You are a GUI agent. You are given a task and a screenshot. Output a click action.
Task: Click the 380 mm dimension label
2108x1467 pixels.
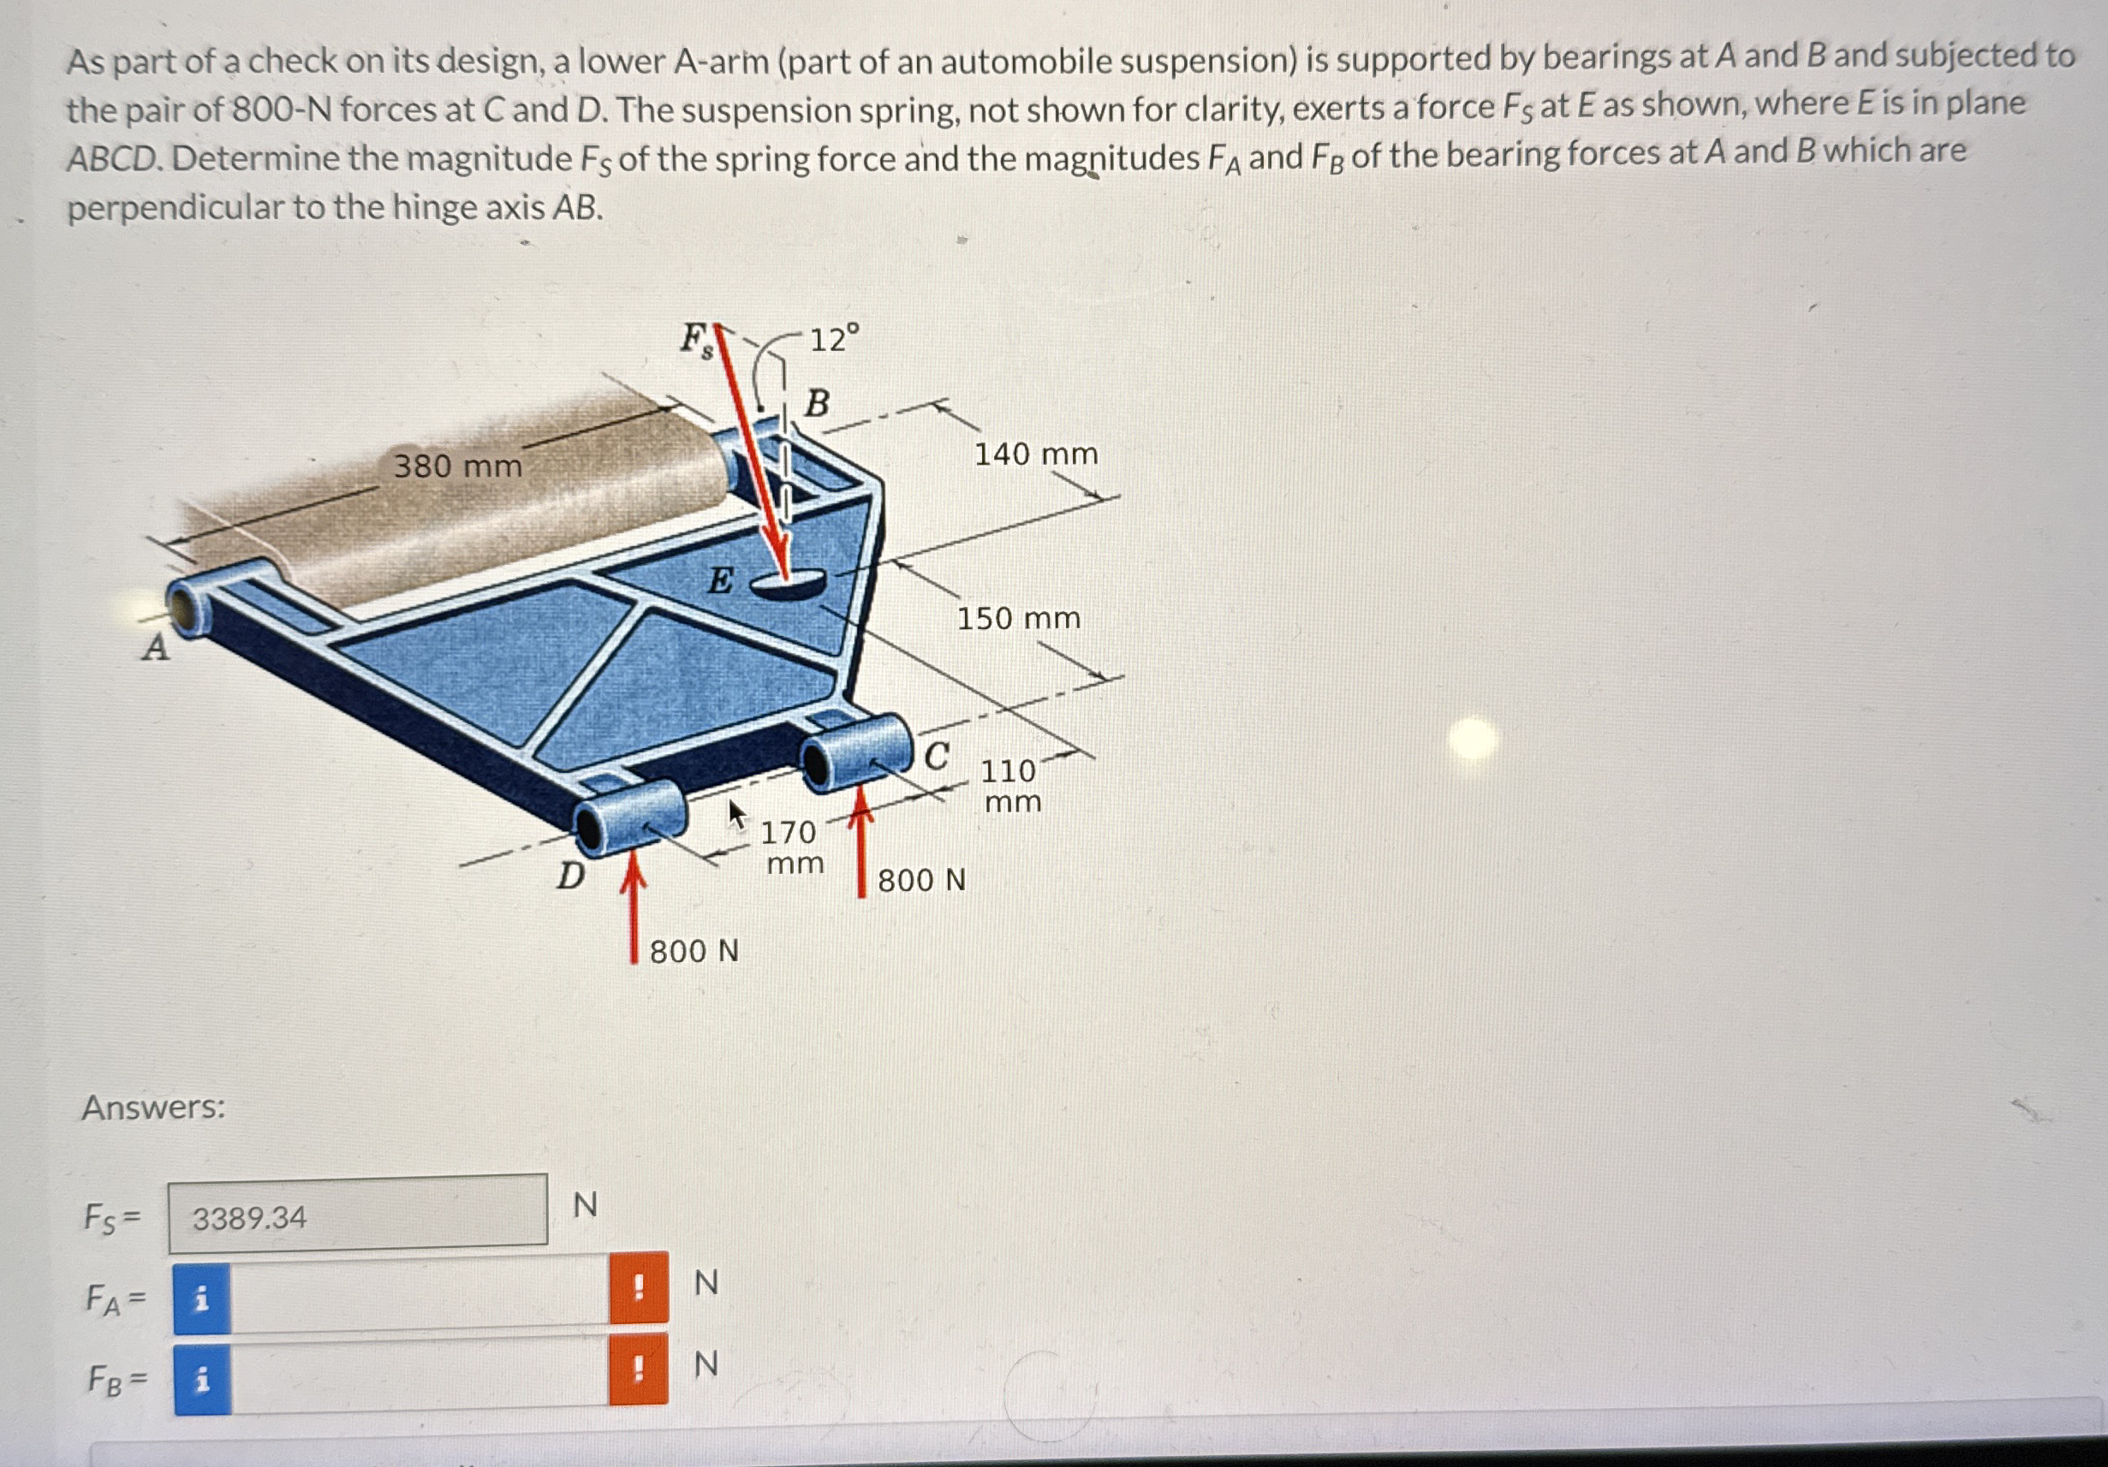[457, 466]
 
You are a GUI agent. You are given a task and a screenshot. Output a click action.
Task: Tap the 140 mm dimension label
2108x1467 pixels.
[1036, 454]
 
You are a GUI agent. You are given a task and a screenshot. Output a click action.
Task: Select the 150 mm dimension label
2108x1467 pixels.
[1019, 618]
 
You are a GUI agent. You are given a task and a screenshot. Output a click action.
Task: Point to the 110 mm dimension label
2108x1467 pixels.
[1010, 785]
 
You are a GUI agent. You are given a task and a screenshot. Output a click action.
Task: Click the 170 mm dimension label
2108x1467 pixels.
[791, 846]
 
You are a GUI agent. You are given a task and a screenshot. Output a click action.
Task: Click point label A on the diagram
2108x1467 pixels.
[156, 648]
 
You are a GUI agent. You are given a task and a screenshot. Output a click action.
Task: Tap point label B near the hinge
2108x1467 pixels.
[817, 403]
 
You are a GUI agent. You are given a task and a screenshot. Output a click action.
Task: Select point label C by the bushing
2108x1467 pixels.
[936, 757]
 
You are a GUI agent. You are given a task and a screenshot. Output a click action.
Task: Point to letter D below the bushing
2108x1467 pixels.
[570, 876]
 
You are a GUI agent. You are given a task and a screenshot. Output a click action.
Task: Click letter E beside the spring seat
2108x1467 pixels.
[721, 580]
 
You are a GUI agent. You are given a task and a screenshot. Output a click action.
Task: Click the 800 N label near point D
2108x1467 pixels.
[694, 951]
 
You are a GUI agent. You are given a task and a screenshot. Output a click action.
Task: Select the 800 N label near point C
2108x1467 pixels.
[921, 881]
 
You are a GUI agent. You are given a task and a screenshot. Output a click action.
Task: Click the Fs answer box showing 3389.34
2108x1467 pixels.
[358, 1215]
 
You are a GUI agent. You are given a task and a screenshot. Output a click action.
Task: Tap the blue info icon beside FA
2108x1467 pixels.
[202, 1298]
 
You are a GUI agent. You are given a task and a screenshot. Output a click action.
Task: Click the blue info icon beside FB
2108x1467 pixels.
[202, 1379]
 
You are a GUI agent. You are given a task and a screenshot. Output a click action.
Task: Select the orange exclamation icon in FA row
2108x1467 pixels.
[638, 1287]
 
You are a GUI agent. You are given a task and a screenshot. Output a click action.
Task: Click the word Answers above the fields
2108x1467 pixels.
[153, 1108]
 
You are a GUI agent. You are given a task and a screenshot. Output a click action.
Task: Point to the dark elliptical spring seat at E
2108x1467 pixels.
[788, 583]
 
